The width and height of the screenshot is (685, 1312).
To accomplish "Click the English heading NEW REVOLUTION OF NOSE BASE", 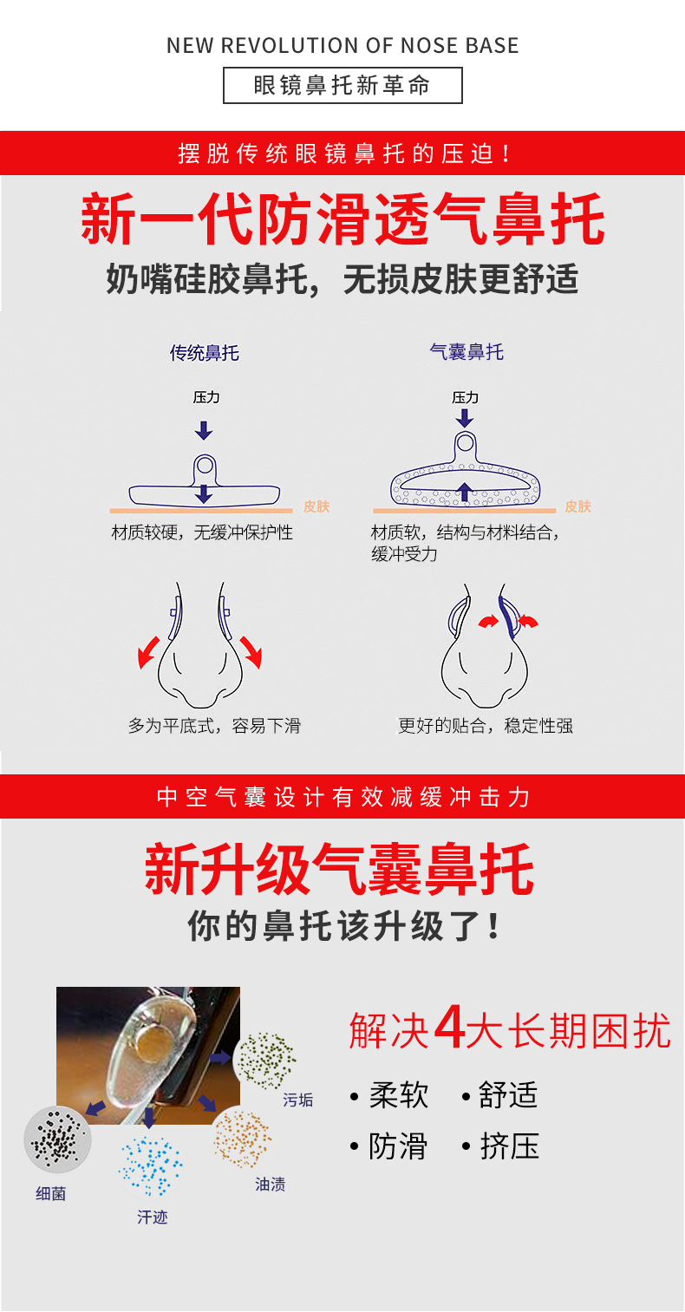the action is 342,46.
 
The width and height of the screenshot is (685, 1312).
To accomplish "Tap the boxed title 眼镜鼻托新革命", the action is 342,86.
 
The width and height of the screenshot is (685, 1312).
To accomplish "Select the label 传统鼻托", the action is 204,353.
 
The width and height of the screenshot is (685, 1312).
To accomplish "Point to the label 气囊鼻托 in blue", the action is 466,352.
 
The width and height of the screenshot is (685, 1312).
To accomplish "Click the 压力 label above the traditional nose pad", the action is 205,397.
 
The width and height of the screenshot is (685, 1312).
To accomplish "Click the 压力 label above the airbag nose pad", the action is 466,397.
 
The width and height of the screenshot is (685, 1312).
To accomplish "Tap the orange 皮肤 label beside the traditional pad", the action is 316,506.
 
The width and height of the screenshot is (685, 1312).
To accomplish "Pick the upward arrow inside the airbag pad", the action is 465,492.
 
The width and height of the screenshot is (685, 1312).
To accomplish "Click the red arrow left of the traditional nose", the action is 149,651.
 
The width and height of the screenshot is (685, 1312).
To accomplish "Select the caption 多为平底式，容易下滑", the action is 214,726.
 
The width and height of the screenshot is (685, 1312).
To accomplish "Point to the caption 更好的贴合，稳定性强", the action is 486,726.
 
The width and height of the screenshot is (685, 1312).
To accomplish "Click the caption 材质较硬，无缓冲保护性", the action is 202,532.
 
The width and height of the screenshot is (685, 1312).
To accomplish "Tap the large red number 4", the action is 449,1028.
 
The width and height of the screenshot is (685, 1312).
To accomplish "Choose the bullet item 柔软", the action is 398,1094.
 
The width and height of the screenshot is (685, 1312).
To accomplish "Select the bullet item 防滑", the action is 398,1146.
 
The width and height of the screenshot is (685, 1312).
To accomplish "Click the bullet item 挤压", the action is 509,1146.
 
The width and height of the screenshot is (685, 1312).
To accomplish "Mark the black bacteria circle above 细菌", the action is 57,1138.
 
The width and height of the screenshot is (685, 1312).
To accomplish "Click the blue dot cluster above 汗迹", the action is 152,1166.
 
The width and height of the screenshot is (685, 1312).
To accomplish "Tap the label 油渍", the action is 271,1185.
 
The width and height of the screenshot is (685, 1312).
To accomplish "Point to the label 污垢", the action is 298,1100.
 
